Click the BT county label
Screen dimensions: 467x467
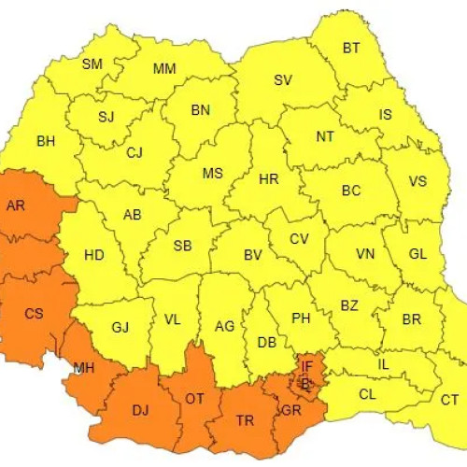(351, 48)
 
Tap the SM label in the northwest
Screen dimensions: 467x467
(92, 64)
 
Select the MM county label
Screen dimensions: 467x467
(164, 69)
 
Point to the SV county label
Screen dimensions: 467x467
(283, 79)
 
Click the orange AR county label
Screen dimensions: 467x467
(16, 206)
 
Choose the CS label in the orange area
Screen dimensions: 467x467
(34, 314)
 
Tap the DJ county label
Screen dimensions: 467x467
(141, 409)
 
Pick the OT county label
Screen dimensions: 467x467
(194, 399)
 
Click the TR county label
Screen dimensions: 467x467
(245, 421)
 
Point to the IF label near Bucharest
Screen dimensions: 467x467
(306, 365)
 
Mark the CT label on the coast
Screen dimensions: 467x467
(450, 400)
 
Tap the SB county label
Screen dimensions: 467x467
(183, 247)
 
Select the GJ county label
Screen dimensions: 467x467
(120, 327)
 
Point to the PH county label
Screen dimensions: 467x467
(301, 318)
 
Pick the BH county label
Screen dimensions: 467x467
(46, 142)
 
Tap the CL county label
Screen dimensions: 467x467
(368, 394)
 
